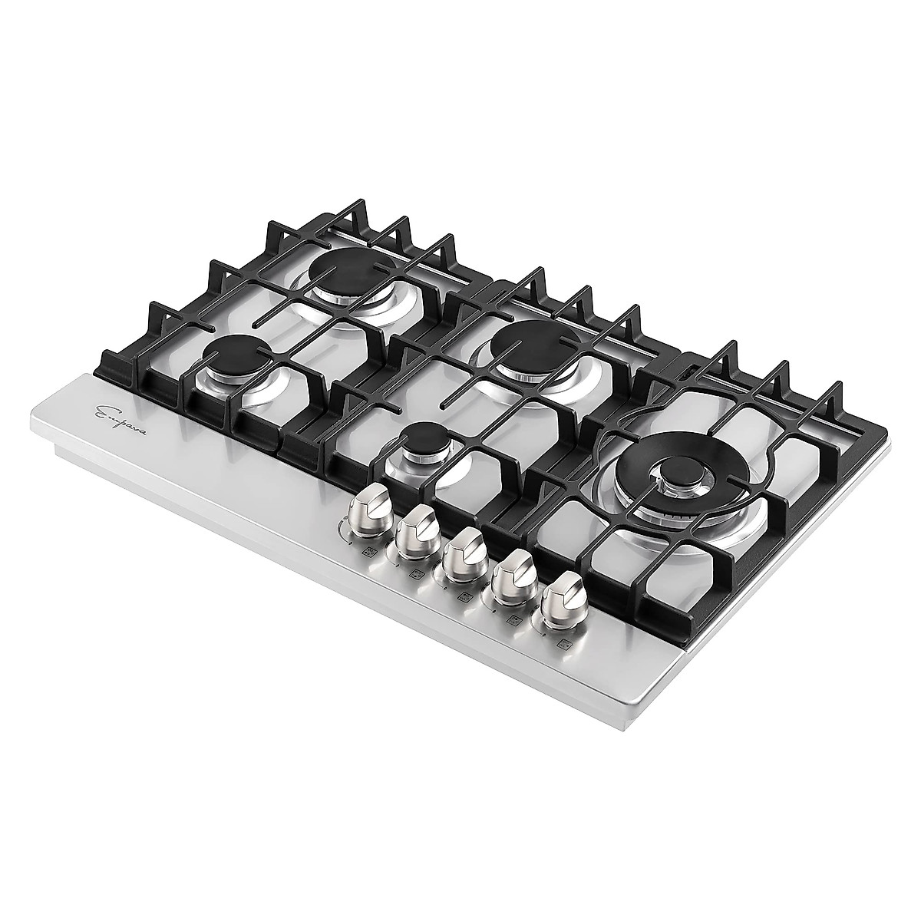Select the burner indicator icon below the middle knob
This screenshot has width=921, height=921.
coord(463,596)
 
